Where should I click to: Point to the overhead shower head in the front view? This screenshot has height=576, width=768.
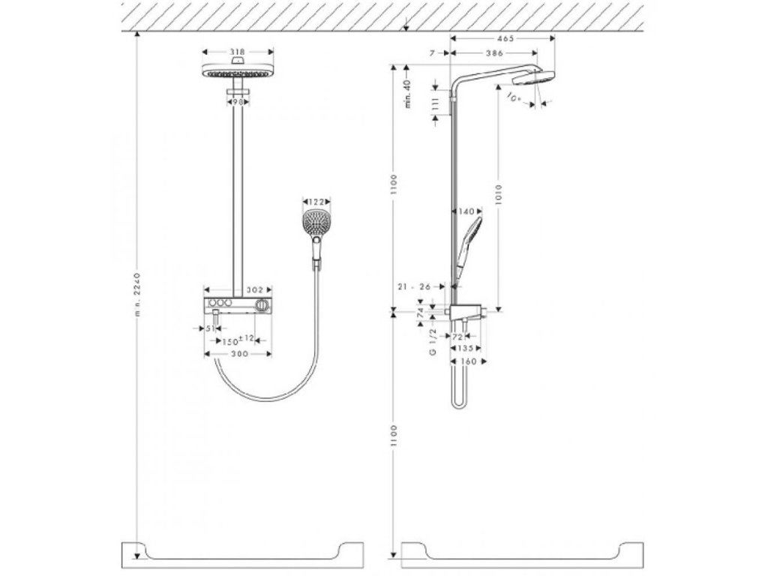238,73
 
